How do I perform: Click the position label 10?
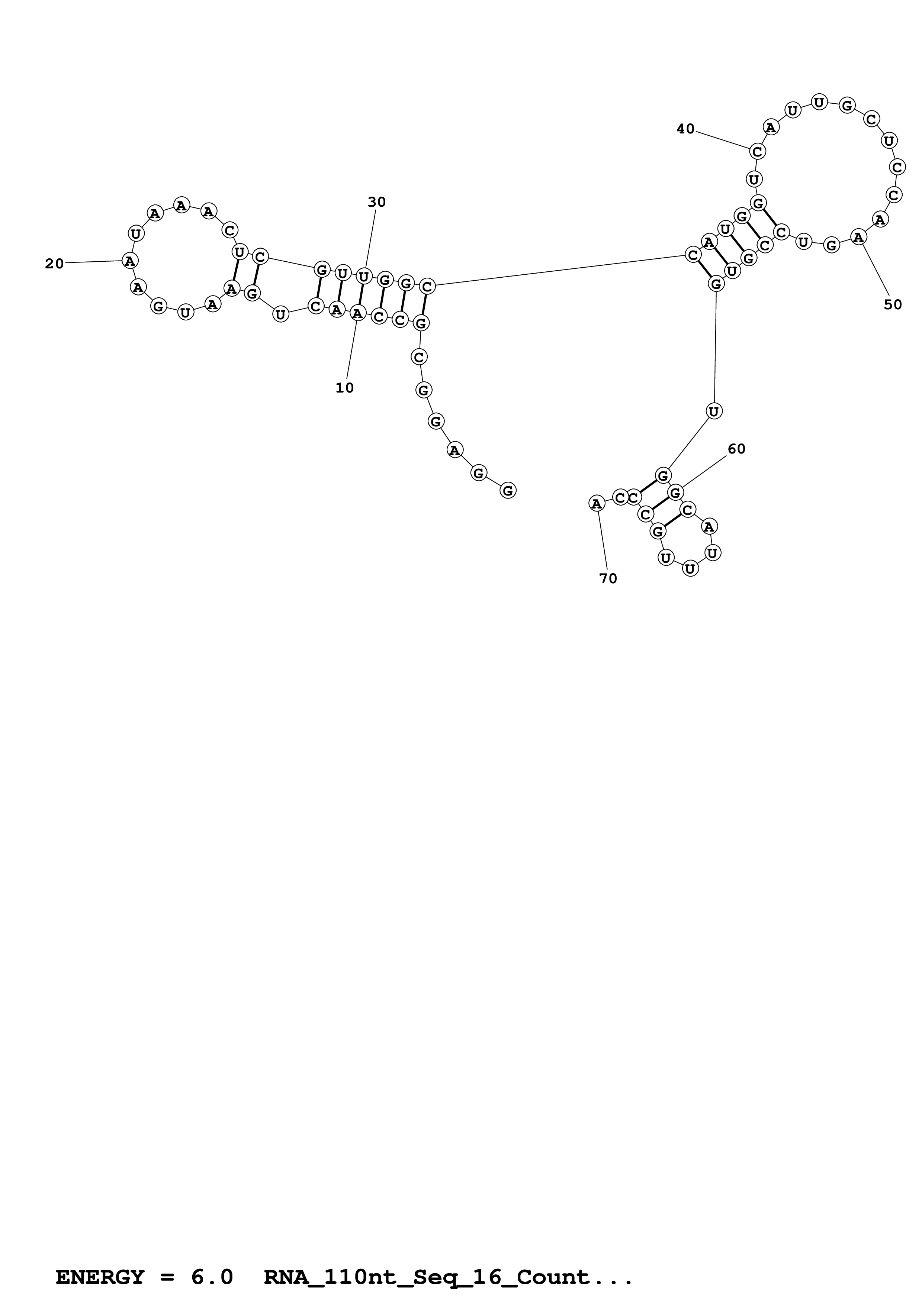pos(344,388)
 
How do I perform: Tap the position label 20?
pos(55,264)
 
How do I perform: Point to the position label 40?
pos(686,129)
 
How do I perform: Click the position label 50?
pos(893,304)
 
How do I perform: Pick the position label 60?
pos(736,449)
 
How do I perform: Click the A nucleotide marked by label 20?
pos(130,261)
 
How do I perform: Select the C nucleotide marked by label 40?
pos(757,152)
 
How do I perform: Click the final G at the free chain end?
pos(508,490)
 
